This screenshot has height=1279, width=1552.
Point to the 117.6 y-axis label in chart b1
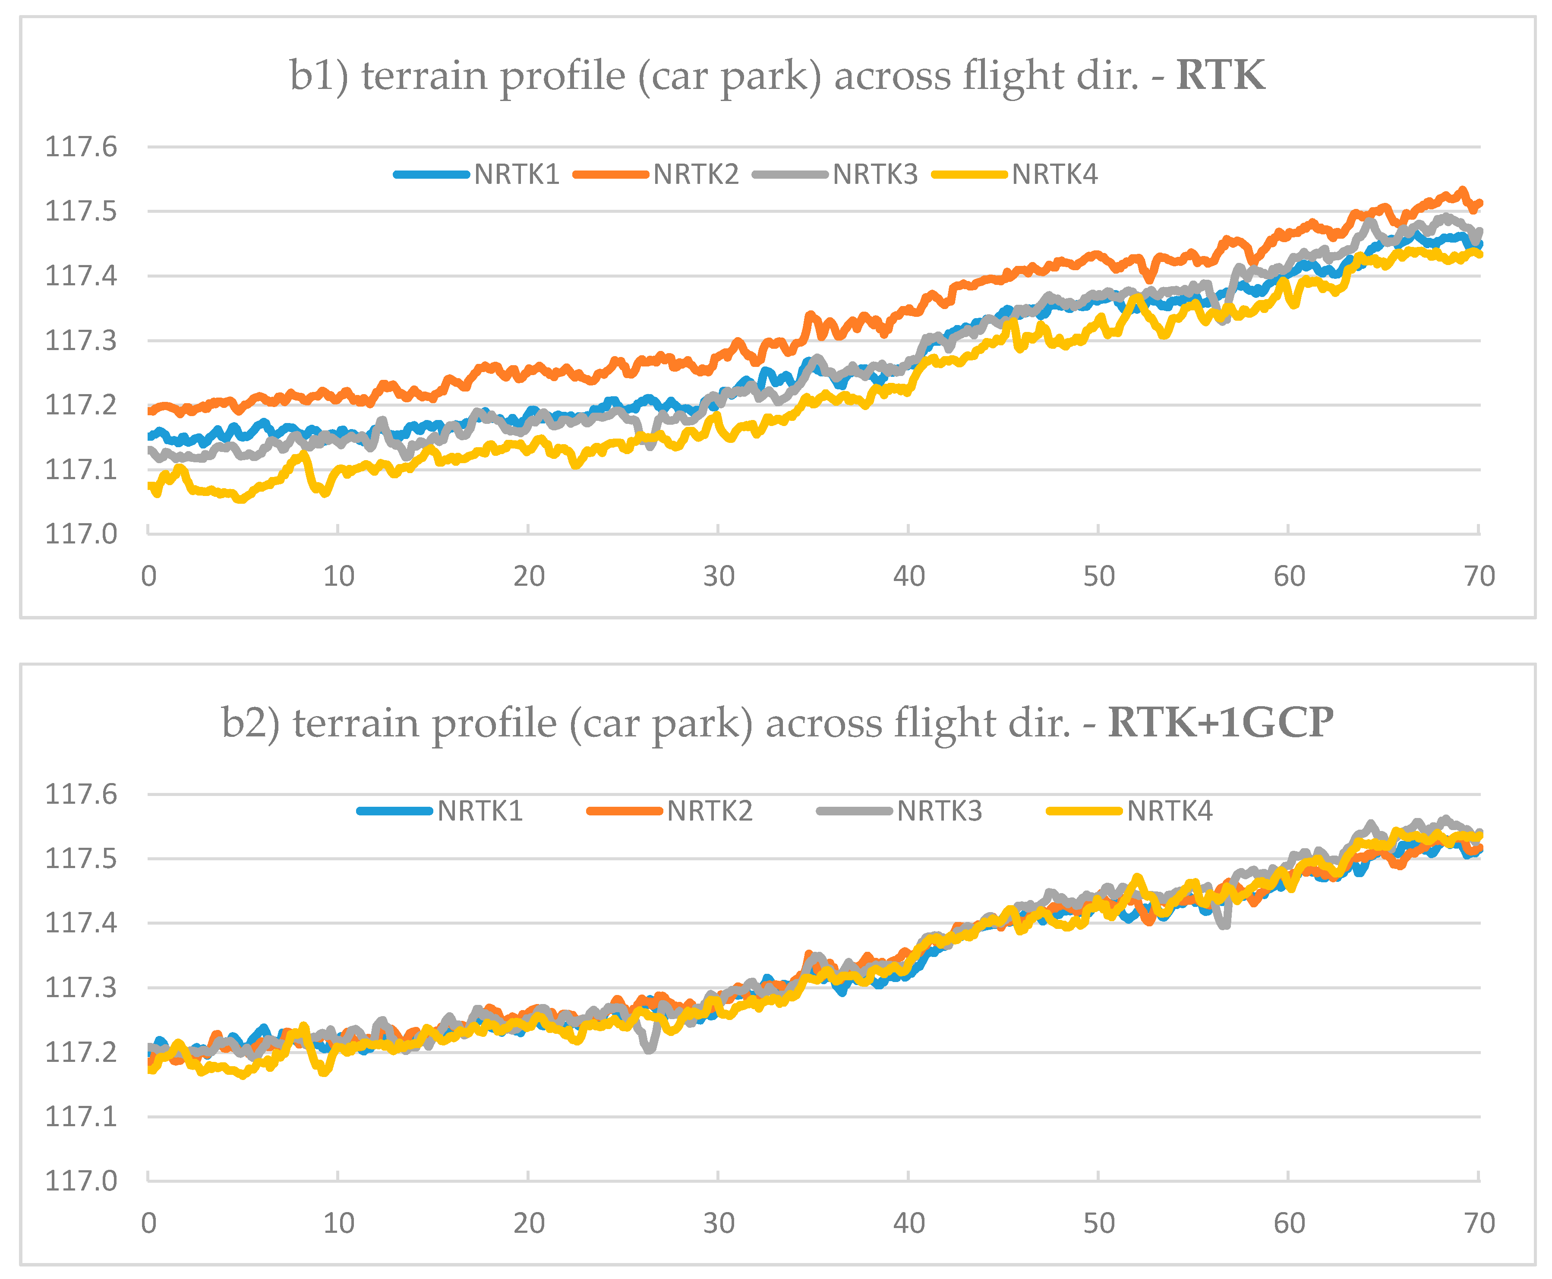[81, 147]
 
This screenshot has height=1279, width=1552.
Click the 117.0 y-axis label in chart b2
[81, 1181]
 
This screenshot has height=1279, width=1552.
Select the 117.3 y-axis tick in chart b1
[81, 341]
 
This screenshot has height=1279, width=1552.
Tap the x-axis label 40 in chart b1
[908, 576]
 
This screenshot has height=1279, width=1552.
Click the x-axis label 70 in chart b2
[1478, 1223]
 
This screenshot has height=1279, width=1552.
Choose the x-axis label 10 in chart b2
[338, 1223]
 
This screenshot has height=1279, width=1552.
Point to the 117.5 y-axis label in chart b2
[81, 858]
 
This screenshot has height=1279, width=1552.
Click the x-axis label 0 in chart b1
[149, 576]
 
